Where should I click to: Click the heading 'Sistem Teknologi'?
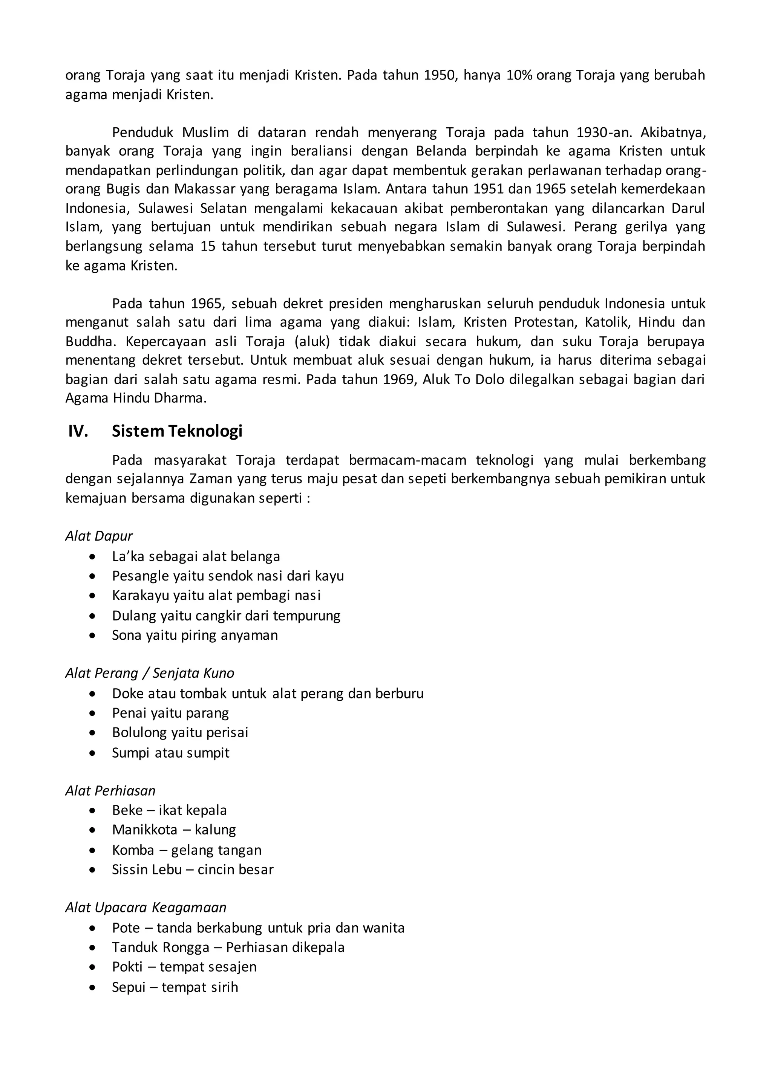(x=177, y=431)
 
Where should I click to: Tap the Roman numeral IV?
(x=78, y=431)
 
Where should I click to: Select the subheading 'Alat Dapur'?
(x=99, y=536)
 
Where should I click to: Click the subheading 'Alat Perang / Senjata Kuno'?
(x=149, y=673)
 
